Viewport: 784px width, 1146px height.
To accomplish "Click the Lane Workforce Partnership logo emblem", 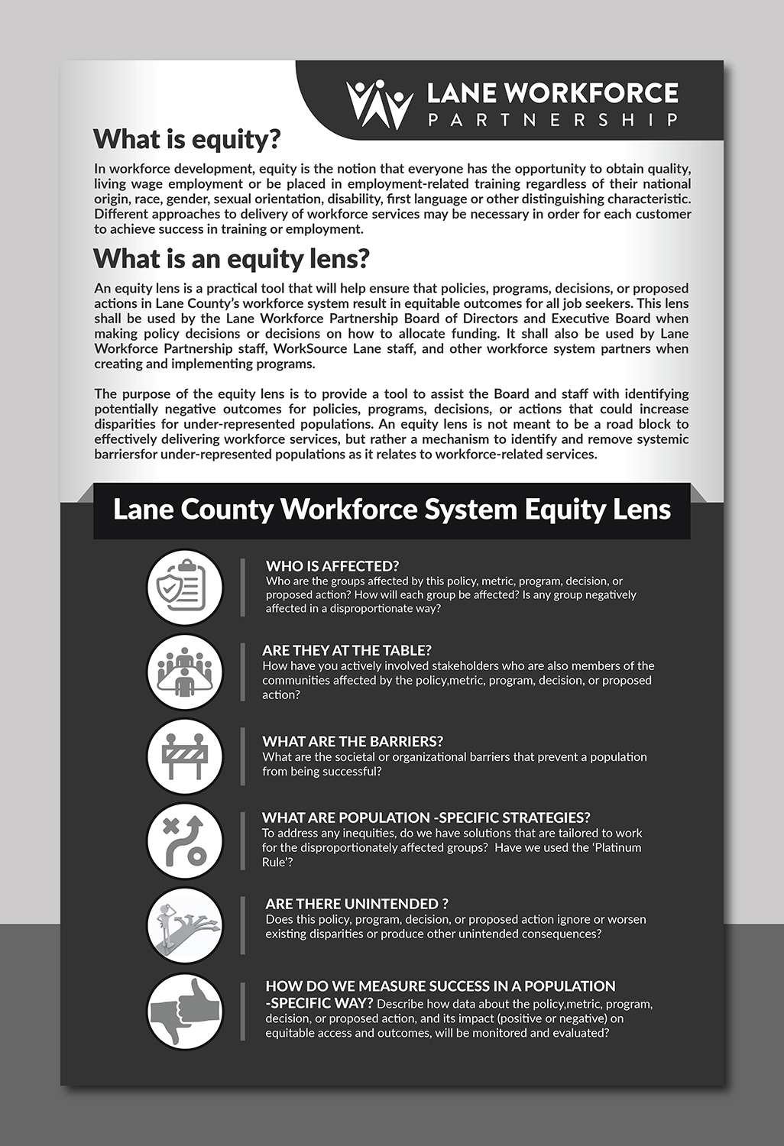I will pos(379,105).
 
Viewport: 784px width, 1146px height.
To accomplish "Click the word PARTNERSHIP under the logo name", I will pos(552,120).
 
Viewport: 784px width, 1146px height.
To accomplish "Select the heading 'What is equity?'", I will pos(187,139).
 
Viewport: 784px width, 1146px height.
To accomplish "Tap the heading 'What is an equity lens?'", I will pos(232,259).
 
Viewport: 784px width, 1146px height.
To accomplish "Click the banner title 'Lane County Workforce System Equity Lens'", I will pos(392,510).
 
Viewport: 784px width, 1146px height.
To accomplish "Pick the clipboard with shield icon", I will pos(184,588).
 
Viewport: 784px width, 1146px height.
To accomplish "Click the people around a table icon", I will pos(184,672).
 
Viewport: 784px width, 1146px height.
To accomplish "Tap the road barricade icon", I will pos(184,756).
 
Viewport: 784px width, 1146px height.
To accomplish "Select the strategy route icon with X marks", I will pos(184,841).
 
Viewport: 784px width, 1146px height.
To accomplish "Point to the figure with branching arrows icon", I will pos(184,926).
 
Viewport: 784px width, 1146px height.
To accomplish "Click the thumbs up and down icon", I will pos(184,1011).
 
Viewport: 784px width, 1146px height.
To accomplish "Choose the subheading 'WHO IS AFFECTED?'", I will pos(332,566).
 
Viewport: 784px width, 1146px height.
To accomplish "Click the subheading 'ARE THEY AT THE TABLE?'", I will pos(347,650).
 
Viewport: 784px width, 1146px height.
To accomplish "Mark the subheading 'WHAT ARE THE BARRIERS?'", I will pos(352,741).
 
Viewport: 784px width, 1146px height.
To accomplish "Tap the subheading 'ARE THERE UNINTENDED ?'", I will pos(357,904).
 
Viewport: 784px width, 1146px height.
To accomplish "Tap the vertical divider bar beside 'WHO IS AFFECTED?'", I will pos(243,587).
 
